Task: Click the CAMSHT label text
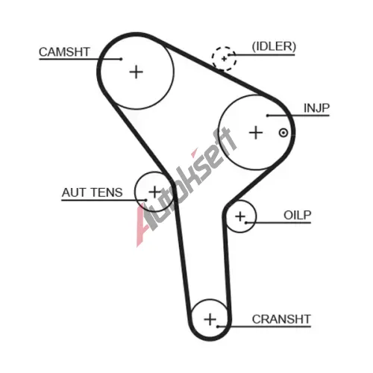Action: click(x=64, y=52)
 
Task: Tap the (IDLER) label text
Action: click(x=274, y=46)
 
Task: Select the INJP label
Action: click(x=316, y=108)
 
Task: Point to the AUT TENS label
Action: click(x=92, y=192)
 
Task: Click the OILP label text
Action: click(x=298, y=216)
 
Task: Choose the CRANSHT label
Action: click(x=281, y=319)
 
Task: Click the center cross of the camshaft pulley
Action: click(x=137, y=72)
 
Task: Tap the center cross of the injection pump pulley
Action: click(x=256, y=133)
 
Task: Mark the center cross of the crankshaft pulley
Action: click(x=210, y=319)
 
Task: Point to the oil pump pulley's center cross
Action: click(x=240, y=216)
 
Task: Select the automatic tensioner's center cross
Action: click(x=154, y=192)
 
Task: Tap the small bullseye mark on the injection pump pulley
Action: click(x=283, y=133)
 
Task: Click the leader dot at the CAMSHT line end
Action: click(x=121, y=59)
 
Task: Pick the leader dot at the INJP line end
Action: click(x=268, y=116)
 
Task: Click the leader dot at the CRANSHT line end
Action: click(x=218, y=327)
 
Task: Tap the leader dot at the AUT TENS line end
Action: click(x=145, y=200)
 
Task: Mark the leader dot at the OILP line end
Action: click(x=245, y=222)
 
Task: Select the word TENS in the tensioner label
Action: click(x=107, y=192)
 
